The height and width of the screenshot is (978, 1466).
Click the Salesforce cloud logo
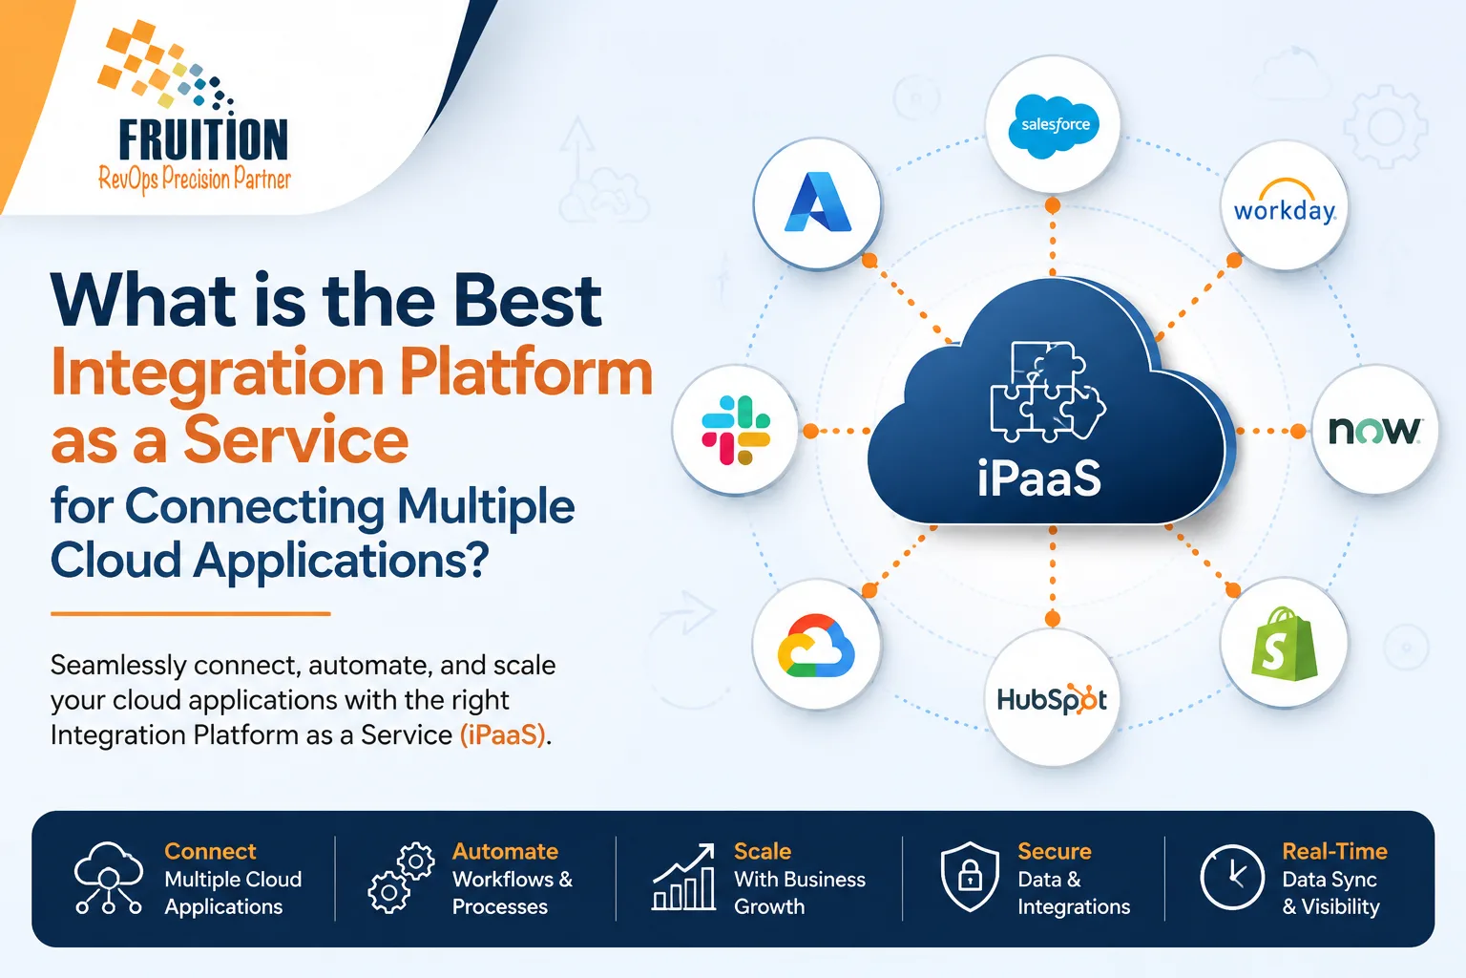tap(1054, 126)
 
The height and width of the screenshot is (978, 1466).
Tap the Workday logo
tap(1285, 202)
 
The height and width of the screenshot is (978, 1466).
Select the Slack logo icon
tap(736, 431)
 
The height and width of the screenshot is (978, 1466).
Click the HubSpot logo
tap(1052, 699)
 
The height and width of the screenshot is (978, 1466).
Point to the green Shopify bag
tap(1283, 644)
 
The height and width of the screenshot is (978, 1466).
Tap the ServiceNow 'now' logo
tap(1373, 431)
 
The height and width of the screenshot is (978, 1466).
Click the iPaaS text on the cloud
tap(1039, 478)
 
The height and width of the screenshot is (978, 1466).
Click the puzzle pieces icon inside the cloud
tap(1047, 392)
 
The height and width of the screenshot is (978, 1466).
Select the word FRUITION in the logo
tap(203, 139)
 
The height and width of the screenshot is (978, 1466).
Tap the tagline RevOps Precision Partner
tap(195, 179)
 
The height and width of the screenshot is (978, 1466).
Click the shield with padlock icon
tap(970, 877)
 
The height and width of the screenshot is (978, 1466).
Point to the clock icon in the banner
tap(1232, 877)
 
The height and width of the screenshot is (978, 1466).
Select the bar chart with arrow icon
tap(683, 877)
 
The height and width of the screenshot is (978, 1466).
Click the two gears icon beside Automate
tap(401, 878)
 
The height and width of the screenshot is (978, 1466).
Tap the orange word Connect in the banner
tap(210, 851)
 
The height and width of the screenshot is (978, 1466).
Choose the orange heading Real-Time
tap(1334, 851)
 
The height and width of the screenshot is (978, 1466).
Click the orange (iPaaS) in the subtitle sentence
tap(503, 735)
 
